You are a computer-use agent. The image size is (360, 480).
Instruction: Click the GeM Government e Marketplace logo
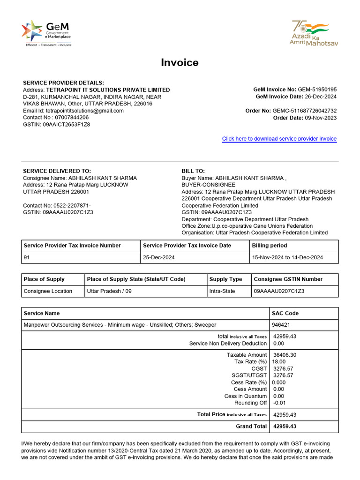click(46, 33)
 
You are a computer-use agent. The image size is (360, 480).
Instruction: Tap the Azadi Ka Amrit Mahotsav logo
click(314, 33)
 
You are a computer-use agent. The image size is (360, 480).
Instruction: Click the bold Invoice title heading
click(180, 63)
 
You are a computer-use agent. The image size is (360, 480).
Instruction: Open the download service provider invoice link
click(279, 139)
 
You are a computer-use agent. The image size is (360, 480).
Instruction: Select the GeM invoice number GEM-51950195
click(317, 90)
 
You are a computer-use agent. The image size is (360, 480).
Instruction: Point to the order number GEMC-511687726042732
click(304, 111)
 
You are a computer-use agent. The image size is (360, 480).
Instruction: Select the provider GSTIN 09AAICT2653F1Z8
click(67, 125)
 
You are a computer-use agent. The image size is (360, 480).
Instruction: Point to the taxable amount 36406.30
click(285, 355)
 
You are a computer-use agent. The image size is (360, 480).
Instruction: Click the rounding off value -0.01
click(279, 403)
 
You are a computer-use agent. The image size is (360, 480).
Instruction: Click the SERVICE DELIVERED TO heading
click(57, 171)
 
